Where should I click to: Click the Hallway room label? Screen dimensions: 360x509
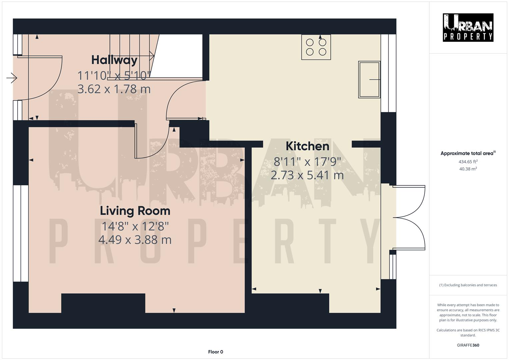[114, 60]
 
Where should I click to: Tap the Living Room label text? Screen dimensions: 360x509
[135, 211]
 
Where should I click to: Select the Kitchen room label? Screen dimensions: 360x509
[307, 146]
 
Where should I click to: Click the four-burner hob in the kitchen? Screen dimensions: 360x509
[316, 47]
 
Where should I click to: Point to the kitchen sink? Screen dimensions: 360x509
[369, 79]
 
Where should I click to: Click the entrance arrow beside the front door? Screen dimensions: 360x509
[12, 78]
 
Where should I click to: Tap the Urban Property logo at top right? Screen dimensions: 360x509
[468, 27]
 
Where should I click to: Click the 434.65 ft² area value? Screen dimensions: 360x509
[468, 162]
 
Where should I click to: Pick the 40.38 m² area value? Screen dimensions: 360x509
[468, 169]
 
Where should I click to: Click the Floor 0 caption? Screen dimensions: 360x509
[215, 352]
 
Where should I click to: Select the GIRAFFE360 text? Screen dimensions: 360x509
[468, 345]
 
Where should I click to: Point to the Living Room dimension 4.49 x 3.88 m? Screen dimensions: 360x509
[135, 240]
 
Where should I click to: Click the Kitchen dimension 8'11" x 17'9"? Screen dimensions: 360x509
[307, 162]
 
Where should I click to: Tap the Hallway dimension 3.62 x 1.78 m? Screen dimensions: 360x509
[114, 89]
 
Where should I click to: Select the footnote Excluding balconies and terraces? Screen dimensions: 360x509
[468, 285]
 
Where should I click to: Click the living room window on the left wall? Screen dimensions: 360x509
[21, 233]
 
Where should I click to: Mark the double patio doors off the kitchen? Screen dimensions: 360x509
[408, 217]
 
